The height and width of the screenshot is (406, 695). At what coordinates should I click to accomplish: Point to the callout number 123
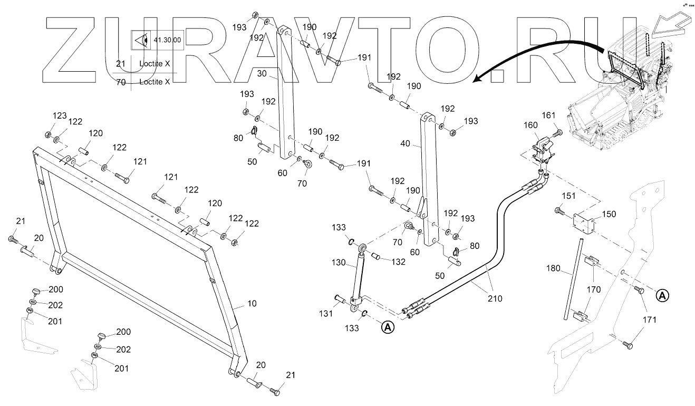tap(59, 115)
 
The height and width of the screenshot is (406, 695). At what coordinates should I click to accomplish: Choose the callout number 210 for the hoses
tap(495, 298)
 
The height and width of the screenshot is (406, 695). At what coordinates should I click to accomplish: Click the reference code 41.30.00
tap(167, 40)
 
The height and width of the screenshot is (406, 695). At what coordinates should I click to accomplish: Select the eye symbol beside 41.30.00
tap(141, 40)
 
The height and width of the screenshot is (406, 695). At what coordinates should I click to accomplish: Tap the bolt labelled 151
tap(559, 212)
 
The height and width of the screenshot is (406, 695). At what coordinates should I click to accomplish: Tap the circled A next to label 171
tap(662, 295)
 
